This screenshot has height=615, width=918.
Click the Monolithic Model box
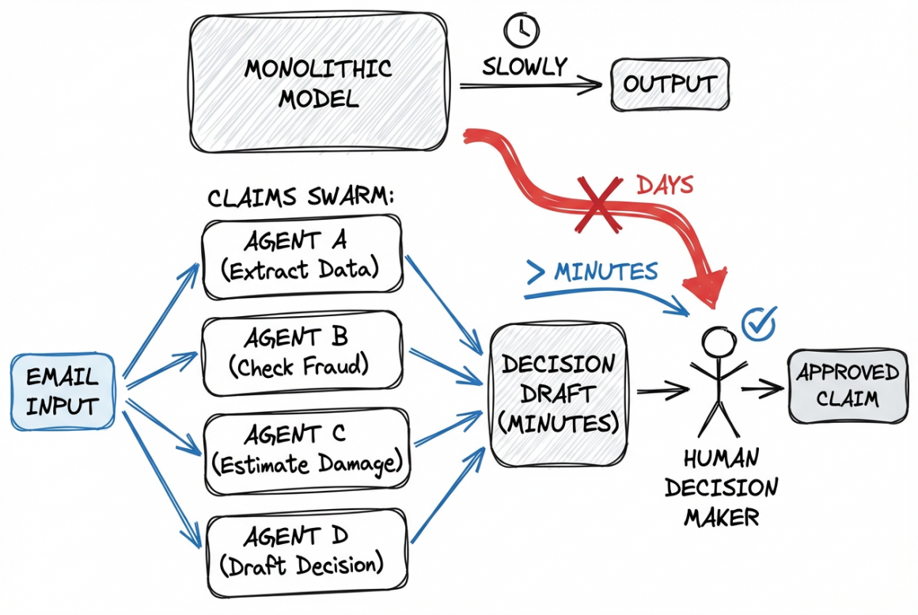317,82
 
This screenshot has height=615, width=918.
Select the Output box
670,84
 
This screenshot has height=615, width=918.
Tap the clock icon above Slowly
521,30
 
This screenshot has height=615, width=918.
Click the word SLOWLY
525,66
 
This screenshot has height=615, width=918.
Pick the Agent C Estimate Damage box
308,451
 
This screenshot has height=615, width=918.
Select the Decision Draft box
558,393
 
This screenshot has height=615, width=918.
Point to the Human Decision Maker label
721,487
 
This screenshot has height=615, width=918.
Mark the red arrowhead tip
713,305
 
